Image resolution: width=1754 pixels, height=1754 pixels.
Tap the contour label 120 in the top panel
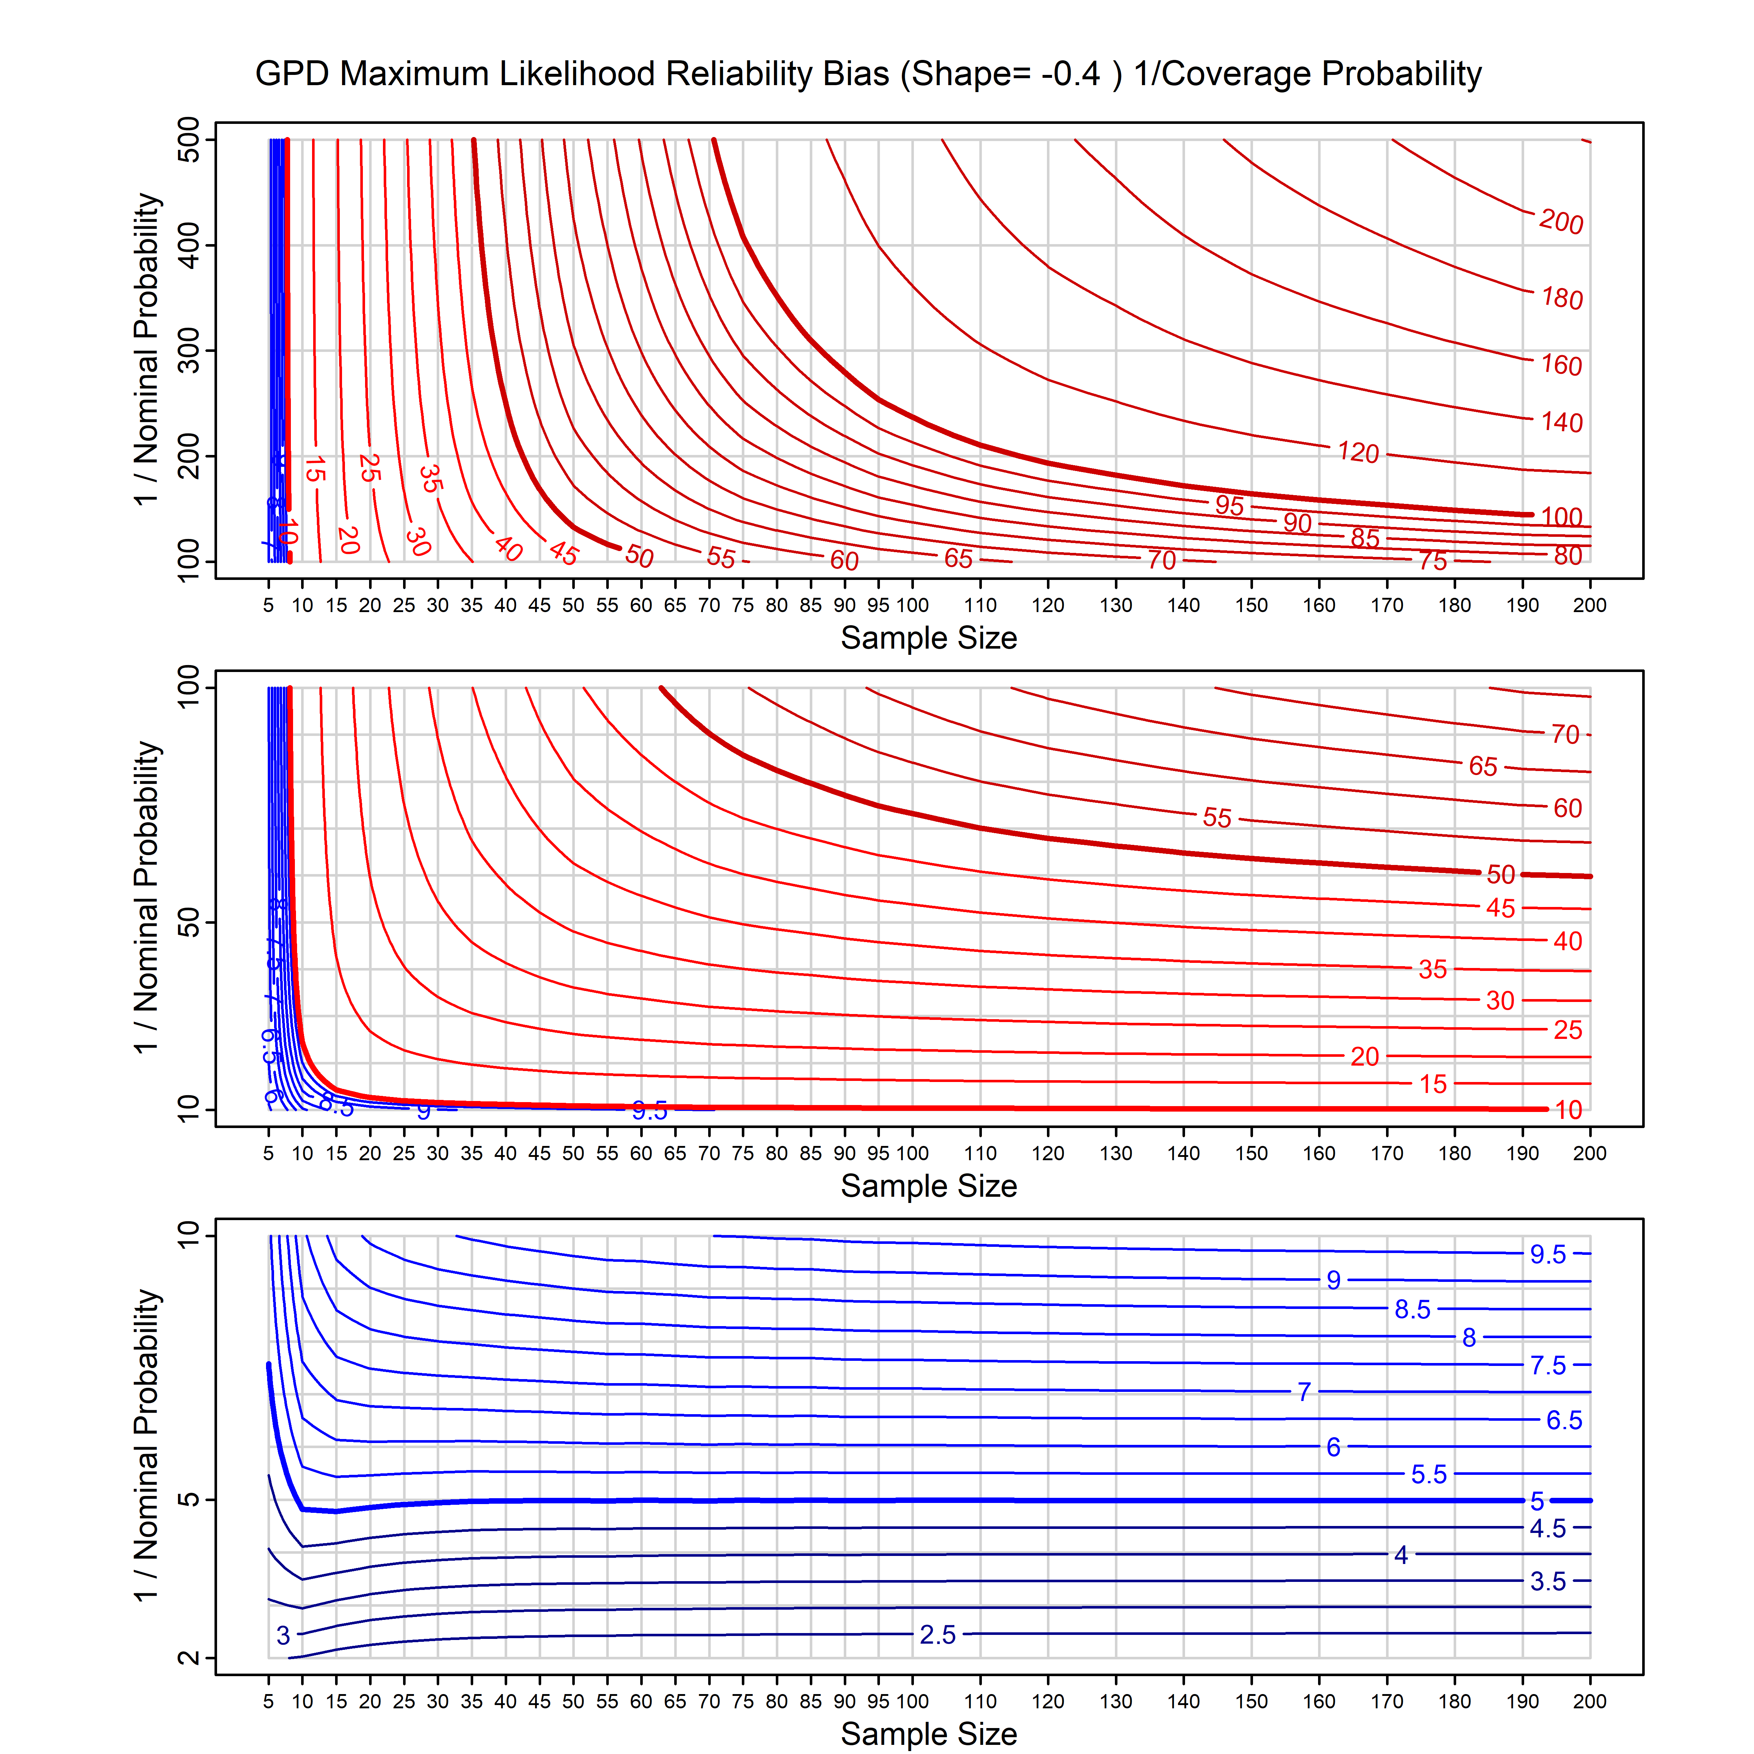point(1358,452)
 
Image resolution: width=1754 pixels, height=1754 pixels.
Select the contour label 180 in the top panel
point(1561,298)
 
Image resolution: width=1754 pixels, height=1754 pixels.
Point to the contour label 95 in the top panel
point(1229,505)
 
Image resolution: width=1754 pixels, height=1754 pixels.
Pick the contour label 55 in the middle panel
point(1218,817)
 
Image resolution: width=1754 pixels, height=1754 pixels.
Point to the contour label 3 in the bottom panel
point(283,1635)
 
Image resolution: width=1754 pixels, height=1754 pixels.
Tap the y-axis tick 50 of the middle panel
point(189,923)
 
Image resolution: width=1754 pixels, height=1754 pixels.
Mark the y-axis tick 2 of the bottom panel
point(189,1658)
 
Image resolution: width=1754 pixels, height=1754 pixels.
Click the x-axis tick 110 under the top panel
point(980,605)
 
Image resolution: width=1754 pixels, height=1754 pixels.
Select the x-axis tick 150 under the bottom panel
point(1251,1701)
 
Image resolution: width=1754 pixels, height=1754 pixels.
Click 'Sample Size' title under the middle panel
point(929,1186)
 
